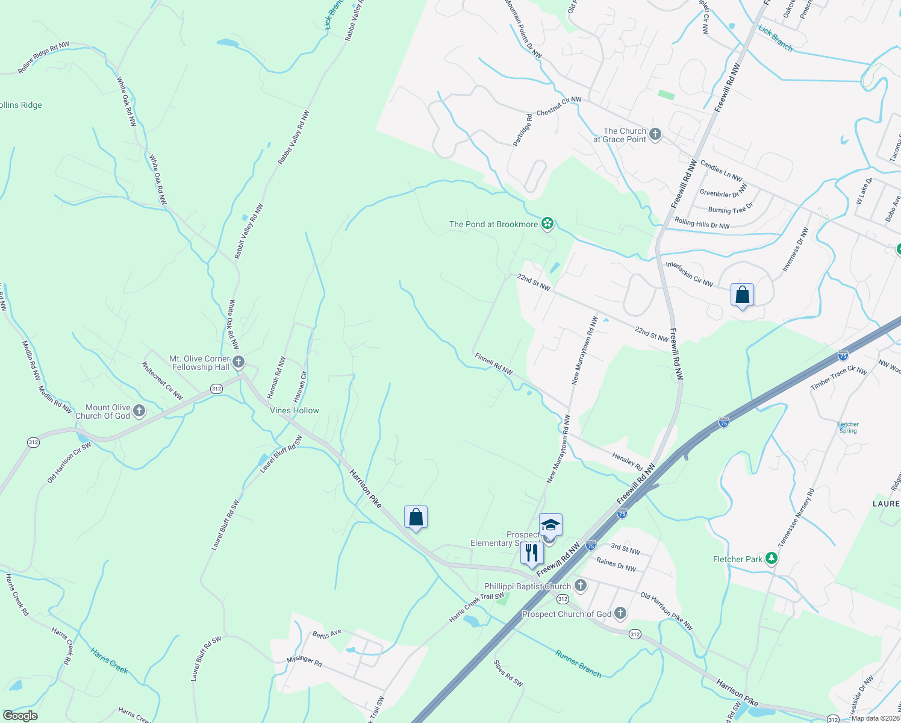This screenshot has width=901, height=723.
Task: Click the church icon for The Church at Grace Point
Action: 655,134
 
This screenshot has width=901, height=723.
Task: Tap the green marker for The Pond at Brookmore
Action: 547,224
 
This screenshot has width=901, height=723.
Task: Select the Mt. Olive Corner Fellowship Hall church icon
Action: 238,362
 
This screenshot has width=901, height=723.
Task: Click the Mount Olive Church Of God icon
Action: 139,412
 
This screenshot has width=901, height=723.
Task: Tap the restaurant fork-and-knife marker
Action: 532,552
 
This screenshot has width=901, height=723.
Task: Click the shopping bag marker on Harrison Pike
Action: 416,517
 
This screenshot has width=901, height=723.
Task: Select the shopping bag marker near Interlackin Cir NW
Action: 742,295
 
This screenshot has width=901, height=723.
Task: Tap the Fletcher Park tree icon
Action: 771,559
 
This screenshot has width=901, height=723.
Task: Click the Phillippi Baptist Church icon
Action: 580,585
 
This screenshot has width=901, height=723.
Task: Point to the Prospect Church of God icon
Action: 620,613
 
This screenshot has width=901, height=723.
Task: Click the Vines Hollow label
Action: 295,410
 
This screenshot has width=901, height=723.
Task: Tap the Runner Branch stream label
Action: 578,664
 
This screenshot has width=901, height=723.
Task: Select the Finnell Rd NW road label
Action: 493,364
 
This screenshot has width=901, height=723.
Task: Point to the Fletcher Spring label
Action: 848,427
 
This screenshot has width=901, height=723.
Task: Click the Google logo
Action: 20,716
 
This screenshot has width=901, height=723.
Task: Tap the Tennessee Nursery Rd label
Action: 796,518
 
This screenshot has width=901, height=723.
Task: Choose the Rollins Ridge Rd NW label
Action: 43,58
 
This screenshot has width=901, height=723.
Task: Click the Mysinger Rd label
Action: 304,660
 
